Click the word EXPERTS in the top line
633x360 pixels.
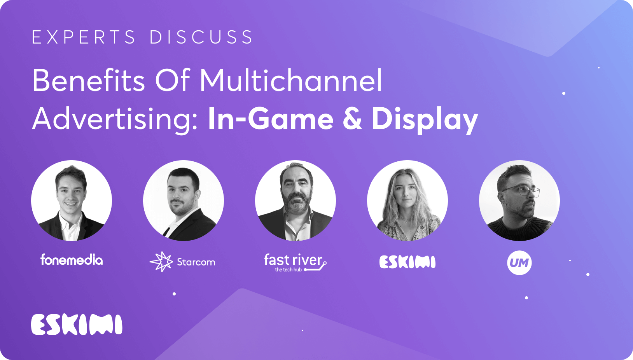83,37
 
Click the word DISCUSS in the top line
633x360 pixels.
201,37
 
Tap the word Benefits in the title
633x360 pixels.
89,81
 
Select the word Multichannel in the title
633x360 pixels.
291,81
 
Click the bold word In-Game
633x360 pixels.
271,119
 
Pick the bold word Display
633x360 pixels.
425,119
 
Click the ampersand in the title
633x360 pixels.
352,119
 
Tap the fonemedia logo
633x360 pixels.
72,260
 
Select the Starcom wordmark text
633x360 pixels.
196,262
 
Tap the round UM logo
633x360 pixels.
519,263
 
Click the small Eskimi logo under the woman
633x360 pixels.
407,262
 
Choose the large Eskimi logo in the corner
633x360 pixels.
77,325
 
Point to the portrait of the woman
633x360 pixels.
407,201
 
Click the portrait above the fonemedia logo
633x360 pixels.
72,201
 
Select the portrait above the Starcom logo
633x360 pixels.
184,201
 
